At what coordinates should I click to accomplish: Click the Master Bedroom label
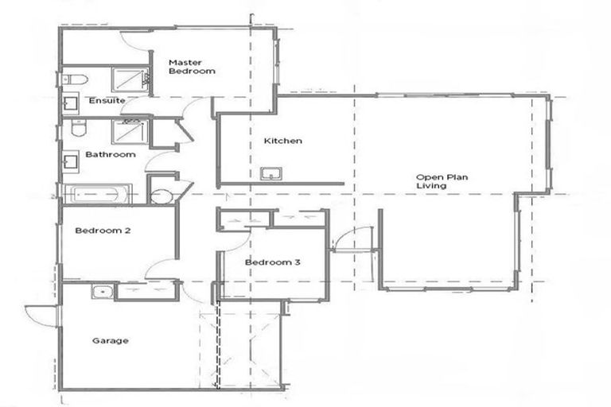coord(192,67)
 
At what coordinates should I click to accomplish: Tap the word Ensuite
coord(106,101)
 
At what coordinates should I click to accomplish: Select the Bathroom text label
coord(111,154)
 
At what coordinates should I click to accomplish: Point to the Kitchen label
coord(283,141)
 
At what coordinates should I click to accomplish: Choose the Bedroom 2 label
coord(103,231)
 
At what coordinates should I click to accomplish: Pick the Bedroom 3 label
coord(272,263)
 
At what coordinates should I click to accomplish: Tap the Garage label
coord(110,341)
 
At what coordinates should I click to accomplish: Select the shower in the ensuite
coord(129,79)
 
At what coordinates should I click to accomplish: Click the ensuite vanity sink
coord(69,103)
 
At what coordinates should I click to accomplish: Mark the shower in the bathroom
coord(127,132)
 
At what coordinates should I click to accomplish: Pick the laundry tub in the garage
coord(101,291)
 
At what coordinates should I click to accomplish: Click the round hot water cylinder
coord(161,196)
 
